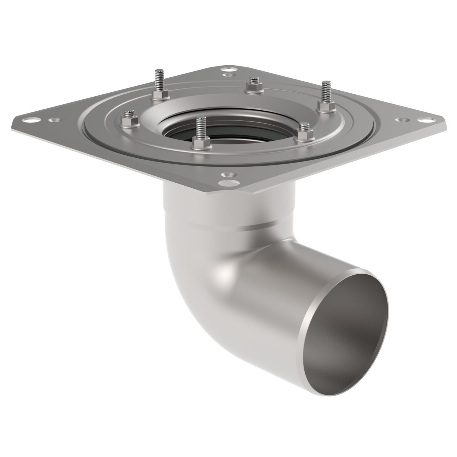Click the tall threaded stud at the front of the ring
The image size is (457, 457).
(200, 129)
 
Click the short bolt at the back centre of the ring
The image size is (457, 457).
(253, 84)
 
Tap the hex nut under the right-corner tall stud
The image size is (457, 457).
(325, 107)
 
